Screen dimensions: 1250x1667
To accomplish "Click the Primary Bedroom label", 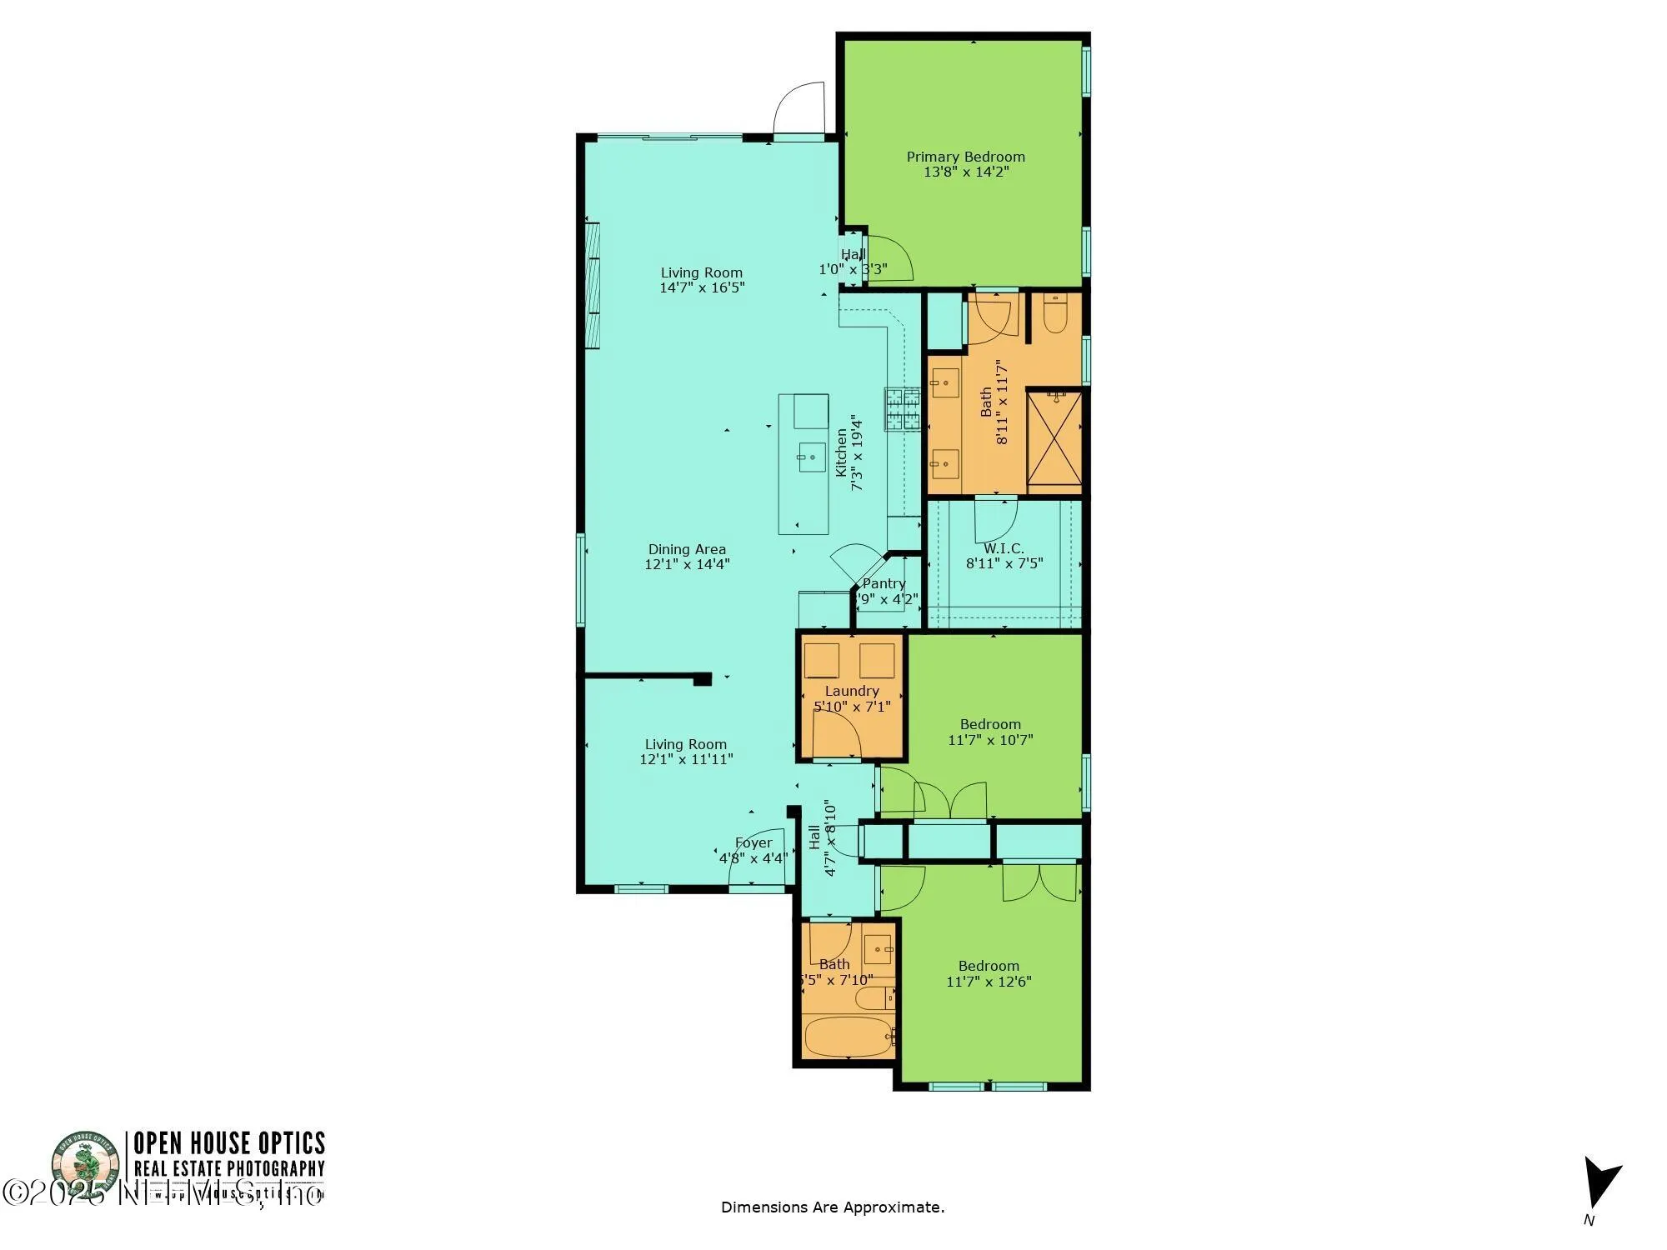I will [965, 157].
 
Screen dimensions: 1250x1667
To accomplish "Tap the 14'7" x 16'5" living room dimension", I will [702, 288].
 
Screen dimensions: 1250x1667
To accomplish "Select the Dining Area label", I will [687, 549].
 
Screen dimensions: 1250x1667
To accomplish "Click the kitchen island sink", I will [811, 457].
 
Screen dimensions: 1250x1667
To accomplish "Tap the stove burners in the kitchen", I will [902, 409].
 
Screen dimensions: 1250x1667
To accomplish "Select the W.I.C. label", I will [1004, 548].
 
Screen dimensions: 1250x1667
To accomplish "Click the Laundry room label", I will [852, 691].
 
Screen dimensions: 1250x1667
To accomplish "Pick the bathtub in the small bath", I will [849, 1036].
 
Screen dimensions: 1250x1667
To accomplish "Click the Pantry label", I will [884, 583].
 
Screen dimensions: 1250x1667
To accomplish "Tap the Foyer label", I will [753, 842].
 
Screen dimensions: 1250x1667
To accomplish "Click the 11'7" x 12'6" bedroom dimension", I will [989, 982].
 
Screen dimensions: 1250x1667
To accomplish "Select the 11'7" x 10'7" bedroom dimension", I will [990, 740].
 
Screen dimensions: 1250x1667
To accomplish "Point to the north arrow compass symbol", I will [1600, 1183].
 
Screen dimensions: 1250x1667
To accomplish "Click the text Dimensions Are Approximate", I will [832, 1207].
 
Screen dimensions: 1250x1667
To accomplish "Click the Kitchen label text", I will [842, 452].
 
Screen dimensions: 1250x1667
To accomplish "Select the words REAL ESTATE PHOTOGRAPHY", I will [229, 1169].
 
